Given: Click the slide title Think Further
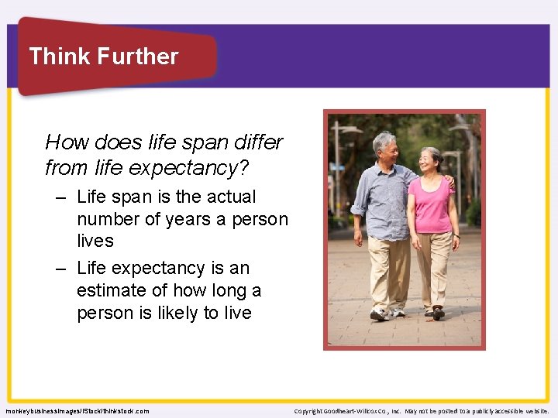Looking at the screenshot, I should point(103,57).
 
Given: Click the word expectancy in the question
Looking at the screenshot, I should point(210,167).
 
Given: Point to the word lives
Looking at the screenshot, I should point(95,242).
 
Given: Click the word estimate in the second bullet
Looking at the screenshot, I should point(107,291).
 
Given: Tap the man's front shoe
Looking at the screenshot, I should point(379,314).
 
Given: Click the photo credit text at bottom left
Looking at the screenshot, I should point(77,411).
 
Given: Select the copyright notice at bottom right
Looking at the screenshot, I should point(422,411).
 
